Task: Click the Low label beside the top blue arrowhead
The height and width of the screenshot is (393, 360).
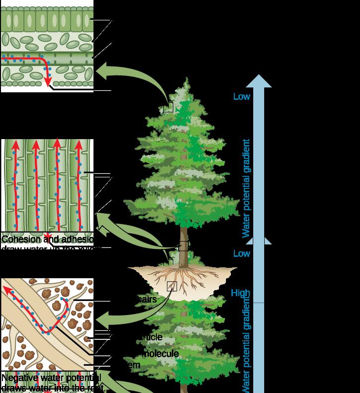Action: (242, 96)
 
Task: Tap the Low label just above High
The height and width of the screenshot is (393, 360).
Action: (242, 253)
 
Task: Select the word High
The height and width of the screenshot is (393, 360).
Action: (240, 293)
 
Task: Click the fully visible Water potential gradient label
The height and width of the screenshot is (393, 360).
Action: (246, 188)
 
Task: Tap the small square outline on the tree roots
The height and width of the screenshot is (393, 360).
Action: (172, 286)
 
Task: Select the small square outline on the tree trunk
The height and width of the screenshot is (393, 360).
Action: (183, 246)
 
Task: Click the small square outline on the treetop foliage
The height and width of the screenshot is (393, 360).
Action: (168, 107)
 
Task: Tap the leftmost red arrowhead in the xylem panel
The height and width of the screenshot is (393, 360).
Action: (15, 145)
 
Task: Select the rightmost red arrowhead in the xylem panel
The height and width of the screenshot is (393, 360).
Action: (78, 145)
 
